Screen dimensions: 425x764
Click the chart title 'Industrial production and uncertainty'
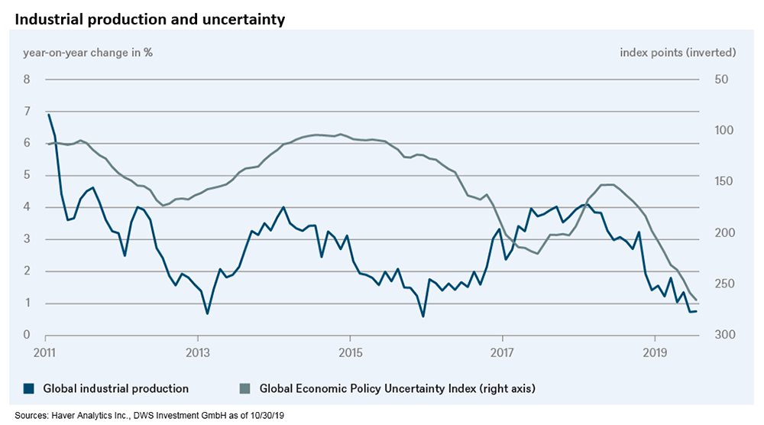150,19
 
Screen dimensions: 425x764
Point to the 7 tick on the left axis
27,112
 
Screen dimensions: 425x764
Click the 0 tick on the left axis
27,336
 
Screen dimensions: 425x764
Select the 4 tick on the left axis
27,207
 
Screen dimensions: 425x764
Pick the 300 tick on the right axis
724,336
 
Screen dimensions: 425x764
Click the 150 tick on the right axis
724,182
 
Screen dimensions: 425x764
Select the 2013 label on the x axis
198,352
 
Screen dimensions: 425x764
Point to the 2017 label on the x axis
502,352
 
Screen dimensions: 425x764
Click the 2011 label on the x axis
46,352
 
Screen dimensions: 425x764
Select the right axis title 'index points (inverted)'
678,53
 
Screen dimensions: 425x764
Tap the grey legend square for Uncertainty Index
245,388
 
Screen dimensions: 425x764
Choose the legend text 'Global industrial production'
115,388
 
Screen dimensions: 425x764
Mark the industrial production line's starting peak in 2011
48,114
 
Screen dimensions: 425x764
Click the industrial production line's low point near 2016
422,316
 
